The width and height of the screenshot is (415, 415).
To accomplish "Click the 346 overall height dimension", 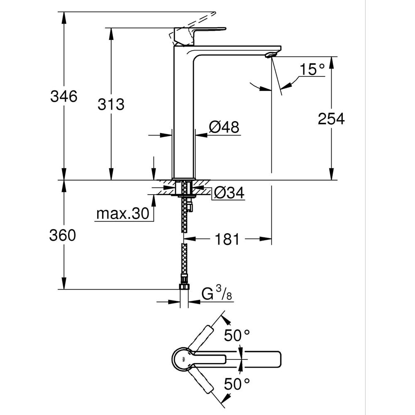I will point(63,96).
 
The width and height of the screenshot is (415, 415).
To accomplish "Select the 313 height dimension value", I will point(111,104).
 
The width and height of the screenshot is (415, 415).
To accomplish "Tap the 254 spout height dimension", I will point(331,119).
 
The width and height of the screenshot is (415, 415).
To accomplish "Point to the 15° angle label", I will point(312,69).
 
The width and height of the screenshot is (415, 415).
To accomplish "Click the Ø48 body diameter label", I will point(224,127).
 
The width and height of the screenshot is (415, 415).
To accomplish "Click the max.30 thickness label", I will point(122,214).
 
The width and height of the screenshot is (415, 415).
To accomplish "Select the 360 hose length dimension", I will point(63,235).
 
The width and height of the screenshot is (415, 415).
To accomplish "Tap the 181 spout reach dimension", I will point(227,239).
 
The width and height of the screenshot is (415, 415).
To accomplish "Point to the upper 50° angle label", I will point(237,335).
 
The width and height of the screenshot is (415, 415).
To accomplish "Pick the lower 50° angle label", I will point(237,384).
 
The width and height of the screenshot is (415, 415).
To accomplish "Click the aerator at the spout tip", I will point(271,54).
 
